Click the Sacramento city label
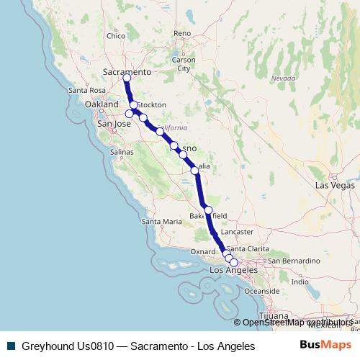coord(127,72)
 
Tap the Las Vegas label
coord(330,185)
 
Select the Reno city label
coord(182,33)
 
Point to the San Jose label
coord(113,124)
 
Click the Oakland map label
coord(101,104)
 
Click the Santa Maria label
coord(161,222)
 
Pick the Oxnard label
coord(202,251)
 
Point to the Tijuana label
coord(273,316)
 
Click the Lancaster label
coord(238,232)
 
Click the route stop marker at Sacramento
coord(127,78)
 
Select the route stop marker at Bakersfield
coord(208,210)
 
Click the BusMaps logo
coord(325,346)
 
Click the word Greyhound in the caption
coord(46,346)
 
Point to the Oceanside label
coord(261,290)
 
